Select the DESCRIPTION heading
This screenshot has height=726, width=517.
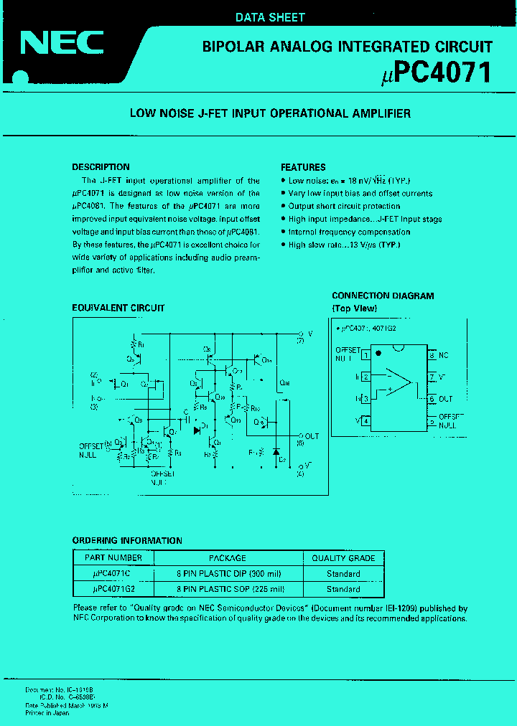coord(101,167)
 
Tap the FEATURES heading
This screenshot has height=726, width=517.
coord(303,167)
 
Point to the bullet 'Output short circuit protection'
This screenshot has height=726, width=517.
coord(344,207)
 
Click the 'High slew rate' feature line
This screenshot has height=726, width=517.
coord(344,245)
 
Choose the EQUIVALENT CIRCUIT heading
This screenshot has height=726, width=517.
coord(118,308)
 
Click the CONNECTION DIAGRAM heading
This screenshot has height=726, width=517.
coord(383,296)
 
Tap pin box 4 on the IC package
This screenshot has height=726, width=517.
coord(365,420)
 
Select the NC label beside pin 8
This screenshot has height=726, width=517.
coord(444,355)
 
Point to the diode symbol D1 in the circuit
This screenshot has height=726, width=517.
coord(197,430)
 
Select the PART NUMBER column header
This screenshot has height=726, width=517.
coord(113,557)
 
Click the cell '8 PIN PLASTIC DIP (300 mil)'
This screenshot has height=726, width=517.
coord(228,573)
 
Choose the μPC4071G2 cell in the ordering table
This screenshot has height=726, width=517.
coord(113,589)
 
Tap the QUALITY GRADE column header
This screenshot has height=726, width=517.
coord(343,557)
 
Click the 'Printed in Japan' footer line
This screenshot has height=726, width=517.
coord(48,713)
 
